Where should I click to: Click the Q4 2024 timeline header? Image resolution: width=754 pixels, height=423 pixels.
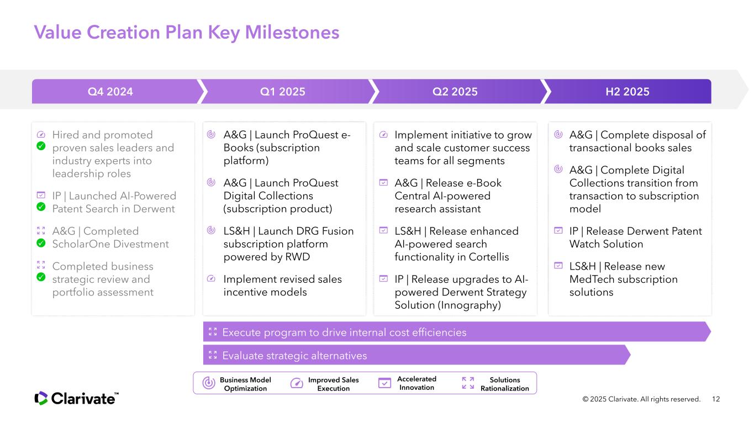click(110, 92)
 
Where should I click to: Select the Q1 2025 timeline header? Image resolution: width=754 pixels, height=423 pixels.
click(282, 92)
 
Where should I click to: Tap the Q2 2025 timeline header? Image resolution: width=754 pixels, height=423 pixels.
click(455, 92)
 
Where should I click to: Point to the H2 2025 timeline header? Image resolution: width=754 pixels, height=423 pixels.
click(628, 92)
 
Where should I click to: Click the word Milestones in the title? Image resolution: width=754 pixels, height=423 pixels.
click(292, 33)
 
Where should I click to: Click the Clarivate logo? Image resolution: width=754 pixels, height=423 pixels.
click(76, 399)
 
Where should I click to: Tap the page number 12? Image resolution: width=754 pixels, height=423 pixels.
click(716, 399)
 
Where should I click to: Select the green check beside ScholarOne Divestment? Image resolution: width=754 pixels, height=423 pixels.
click(41, 242)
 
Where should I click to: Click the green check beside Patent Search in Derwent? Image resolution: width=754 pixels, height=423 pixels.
click(41, 207)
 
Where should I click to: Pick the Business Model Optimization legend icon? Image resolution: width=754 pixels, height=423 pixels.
click(209, 383)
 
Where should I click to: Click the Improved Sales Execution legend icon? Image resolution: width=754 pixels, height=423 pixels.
click(297, 383)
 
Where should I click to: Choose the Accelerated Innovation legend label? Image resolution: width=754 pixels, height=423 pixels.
click(416, 383)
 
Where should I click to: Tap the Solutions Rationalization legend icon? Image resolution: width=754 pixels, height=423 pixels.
click(468, 383)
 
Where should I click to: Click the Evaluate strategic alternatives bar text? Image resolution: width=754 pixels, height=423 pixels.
click(294, 356)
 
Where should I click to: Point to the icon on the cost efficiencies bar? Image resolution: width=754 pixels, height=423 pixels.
click(213, 332)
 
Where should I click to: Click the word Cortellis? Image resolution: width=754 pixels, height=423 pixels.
click(489, 257)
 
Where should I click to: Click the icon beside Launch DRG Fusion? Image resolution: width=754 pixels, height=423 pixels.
click(211, 230)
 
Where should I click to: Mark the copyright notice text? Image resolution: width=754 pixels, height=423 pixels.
click(641, 399)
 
